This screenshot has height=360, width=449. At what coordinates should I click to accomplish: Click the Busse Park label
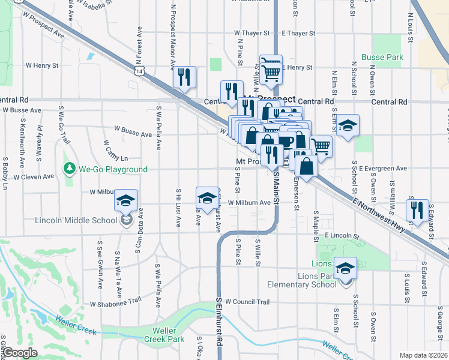click(382, 58)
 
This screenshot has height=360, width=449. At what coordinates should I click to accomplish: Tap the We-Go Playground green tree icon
click(70, 169)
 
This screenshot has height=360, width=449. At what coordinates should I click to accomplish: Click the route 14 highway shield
click(139, 71)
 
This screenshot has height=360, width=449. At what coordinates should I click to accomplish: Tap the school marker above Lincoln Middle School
click(126, 200)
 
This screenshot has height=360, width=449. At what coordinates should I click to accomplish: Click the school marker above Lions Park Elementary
click(345, 268)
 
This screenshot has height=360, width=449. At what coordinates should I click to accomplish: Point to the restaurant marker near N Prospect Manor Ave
click(184, 77)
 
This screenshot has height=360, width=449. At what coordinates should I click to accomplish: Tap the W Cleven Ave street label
click(34, 177)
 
